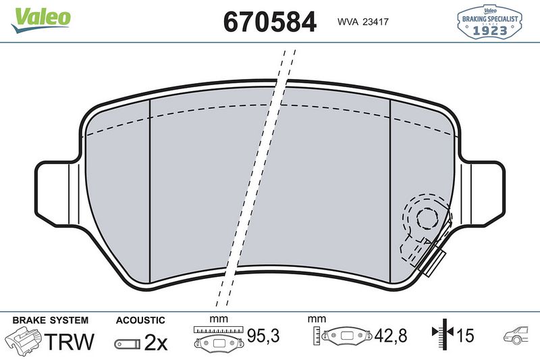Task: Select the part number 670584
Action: coord(269,22)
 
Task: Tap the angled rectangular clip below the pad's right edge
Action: coord(431,260)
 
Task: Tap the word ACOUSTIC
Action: coord(140,319)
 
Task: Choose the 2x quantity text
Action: coord(156,342)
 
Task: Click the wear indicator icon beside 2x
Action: coord(127,343)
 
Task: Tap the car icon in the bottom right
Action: coord(517,334)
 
